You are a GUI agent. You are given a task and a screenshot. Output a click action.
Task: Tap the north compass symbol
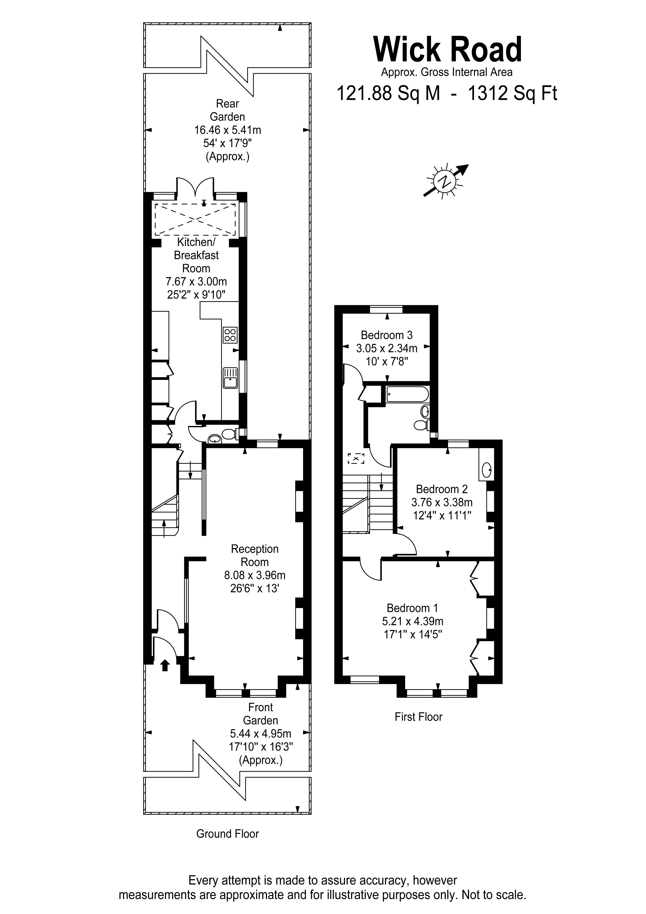445,181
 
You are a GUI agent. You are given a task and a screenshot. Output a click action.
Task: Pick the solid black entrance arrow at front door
165,665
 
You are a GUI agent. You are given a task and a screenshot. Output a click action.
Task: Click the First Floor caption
418,717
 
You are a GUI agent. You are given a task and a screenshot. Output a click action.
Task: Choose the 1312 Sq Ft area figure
512,93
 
